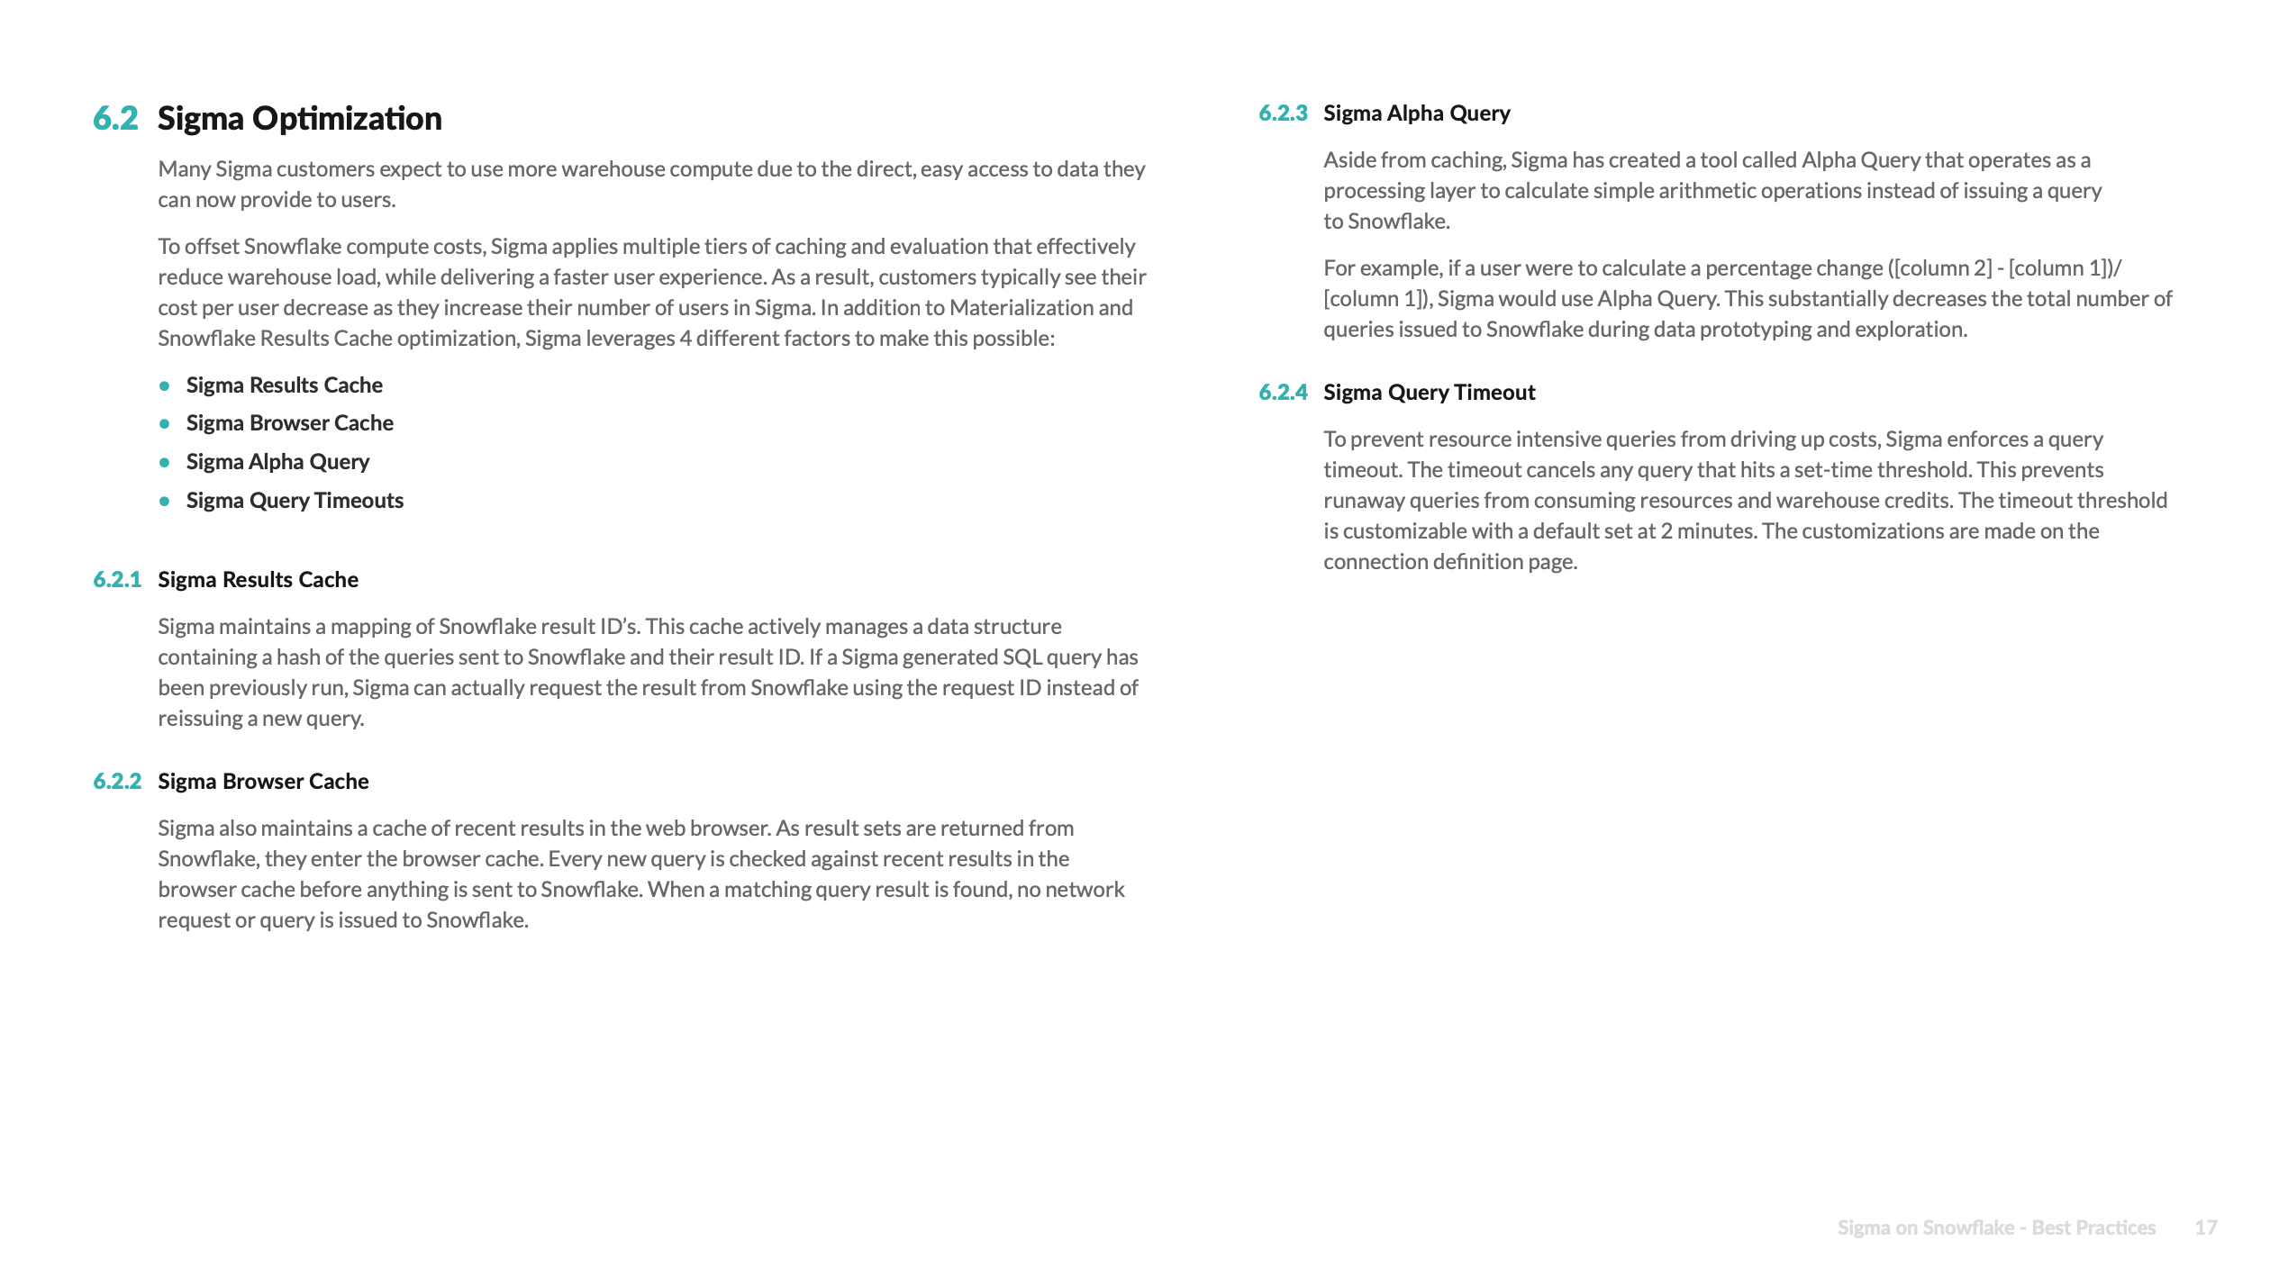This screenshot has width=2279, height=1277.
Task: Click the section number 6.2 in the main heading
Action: pyautogui.click(x=115, y=118)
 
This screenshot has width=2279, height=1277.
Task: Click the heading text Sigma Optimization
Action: pyautogui.click(x=299, y=118)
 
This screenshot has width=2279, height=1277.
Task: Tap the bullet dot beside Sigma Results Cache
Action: pyautogui.click(x=165, y=385)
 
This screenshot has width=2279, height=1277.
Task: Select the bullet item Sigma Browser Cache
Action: pyautogui.click(x=289, y=423)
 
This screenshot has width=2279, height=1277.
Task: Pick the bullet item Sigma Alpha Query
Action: pyautogui.click(x=277, y=462)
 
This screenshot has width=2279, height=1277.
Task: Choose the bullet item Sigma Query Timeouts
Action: pyautogui.click(x=295, y=501)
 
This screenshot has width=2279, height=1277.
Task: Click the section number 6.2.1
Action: pyautogui.click(x=117, y=580)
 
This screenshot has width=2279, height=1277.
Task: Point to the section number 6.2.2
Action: pyautogui.click(x=117, y=782)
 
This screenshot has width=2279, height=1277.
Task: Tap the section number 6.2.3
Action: pyautogui.click(x=1283, y=113)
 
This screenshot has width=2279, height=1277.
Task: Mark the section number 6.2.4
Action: pyautogui.click(x=1283, y=393)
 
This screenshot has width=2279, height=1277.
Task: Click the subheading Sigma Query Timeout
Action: pyautogui.click(x=1429, y=393)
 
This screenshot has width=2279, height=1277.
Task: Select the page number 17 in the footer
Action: pyautogui.click(x=2205, y=1227)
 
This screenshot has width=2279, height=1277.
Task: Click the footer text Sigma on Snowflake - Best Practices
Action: pyautogui.click(x=1996, y=1227)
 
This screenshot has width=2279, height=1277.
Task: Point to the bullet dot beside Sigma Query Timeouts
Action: pyautogui.click(x=165, y=501)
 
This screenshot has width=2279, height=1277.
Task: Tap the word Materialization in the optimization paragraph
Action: pyautogui.click(x=1022, y=308)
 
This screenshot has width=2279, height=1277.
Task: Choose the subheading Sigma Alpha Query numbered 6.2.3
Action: pyautogui.click(x=1416, y=113)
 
